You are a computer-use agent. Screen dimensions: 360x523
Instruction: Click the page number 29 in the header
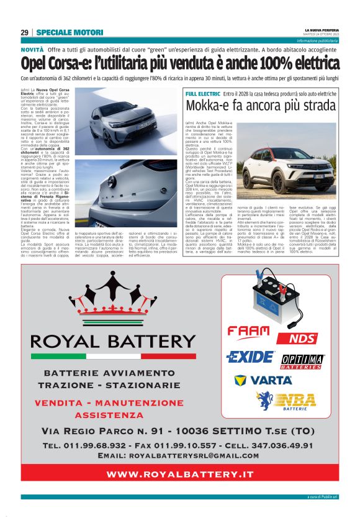click(x=24, y=32)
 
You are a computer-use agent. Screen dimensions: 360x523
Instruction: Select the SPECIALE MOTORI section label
click(x=61, y=32)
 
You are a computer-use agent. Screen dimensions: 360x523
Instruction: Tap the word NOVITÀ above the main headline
click(x=32, y=48)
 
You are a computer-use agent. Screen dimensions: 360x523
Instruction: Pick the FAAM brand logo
click(x=248, y=332)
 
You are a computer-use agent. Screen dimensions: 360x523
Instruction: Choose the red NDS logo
click(x=304, y=339)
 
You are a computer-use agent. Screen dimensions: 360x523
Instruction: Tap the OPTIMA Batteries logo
click(x=303, y=361)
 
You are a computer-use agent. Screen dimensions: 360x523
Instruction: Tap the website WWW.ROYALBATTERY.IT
click(x=180, y=474)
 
